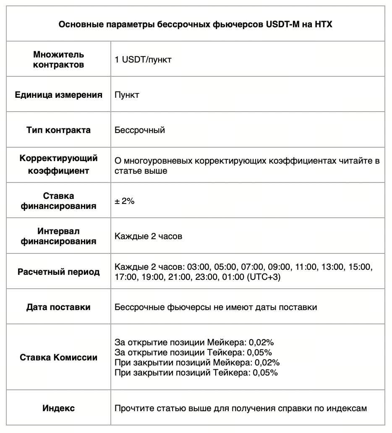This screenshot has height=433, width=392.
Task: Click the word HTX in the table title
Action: tap(323, 24)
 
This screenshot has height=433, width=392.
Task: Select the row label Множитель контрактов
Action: tap(58, 60)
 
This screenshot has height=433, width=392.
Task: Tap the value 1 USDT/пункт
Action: tap(143, 60)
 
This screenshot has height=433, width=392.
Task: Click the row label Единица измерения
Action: tap(58, 95)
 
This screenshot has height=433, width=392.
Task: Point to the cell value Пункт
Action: tap(127, 95)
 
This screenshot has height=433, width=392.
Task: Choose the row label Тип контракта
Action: tap(58, 130)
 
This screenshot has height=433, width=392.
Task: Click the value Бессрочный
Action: tap(140, 130)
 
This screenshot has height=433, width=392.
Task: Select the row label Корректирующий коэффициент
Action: tap(58, 165)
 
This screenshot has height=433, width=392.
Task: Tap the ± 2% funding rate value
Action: tap(124, 201)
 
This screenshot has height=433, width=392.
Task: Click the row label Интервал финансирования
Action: tap(58, 236)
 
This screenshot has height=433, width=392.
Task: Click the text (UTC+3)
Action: tap(264, 277)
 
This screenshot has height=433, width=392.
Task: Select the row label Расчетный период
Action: tap(58, 272)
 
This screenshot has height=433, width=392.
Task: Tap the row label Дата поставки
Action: tap(58, 307)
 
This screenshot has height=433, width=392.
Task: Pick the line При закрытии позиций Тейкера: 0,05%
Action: tap(196, 372)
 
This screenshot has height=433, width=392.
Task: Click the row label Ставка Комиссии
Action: tap(58, 357)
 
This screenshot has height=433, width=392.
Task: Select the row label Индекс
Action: tap(58, 408)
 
